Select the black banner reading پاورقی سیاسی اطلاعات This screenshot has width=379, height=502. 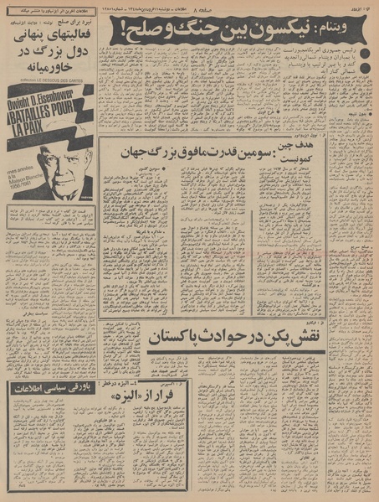(49, 387)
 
